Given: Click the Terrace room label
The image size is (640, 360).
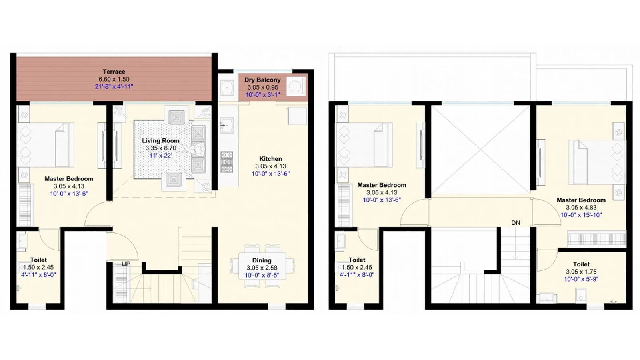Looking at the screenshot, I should coord(114,72).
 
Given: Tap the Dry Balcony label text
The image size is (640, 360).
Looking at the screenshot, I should coord(262,80).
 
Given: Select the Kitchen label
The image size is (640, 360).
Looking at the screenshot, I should coord(270,159).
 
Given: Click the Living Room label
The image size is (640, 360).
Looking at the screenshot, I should coord(160,141).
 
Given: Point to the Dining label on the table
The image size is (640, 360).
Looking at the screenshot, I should coord(262,260).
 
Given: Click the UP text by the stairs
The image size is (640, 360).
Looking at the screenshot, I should coord(126,264).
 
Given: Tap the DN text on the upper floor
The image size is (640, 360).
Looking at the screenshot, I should coord(516,223).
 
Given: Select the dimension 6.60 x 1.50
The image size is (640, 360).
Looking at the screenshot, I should coord(114,79).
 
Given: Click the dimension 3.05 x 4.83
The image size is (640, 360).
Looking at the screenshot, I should coord(581,208).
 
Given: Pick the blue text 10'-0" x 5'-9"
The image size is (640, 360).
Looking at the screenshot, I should coord(581,279).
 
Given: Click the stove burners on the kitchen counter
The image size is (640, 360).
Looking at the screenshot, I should coord(227,162).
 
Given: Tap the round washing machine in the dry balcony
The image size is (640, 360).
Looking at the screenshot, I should coord(295,87).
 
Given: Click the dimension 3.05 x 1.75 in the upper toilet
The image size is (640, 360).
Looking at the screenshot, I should coord(581,272).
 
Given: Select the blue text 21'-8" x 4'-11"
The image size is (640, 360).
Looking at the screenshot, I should coord(114,86).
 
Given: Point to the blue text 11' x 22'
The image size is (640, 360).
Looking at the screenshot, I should coord(160,155).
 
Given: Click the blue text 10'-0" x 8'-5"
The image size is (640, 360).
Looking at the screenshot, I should coord(262,275).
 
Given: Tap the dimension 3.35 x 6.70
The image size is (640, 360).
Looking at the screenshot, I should coord(160,148).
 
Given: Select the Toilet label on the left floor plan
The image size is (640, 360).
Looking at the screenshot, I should coord(38,260).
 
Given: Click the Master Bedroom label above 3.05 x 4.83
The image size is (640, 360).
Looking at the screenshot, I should coord(581,200).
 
